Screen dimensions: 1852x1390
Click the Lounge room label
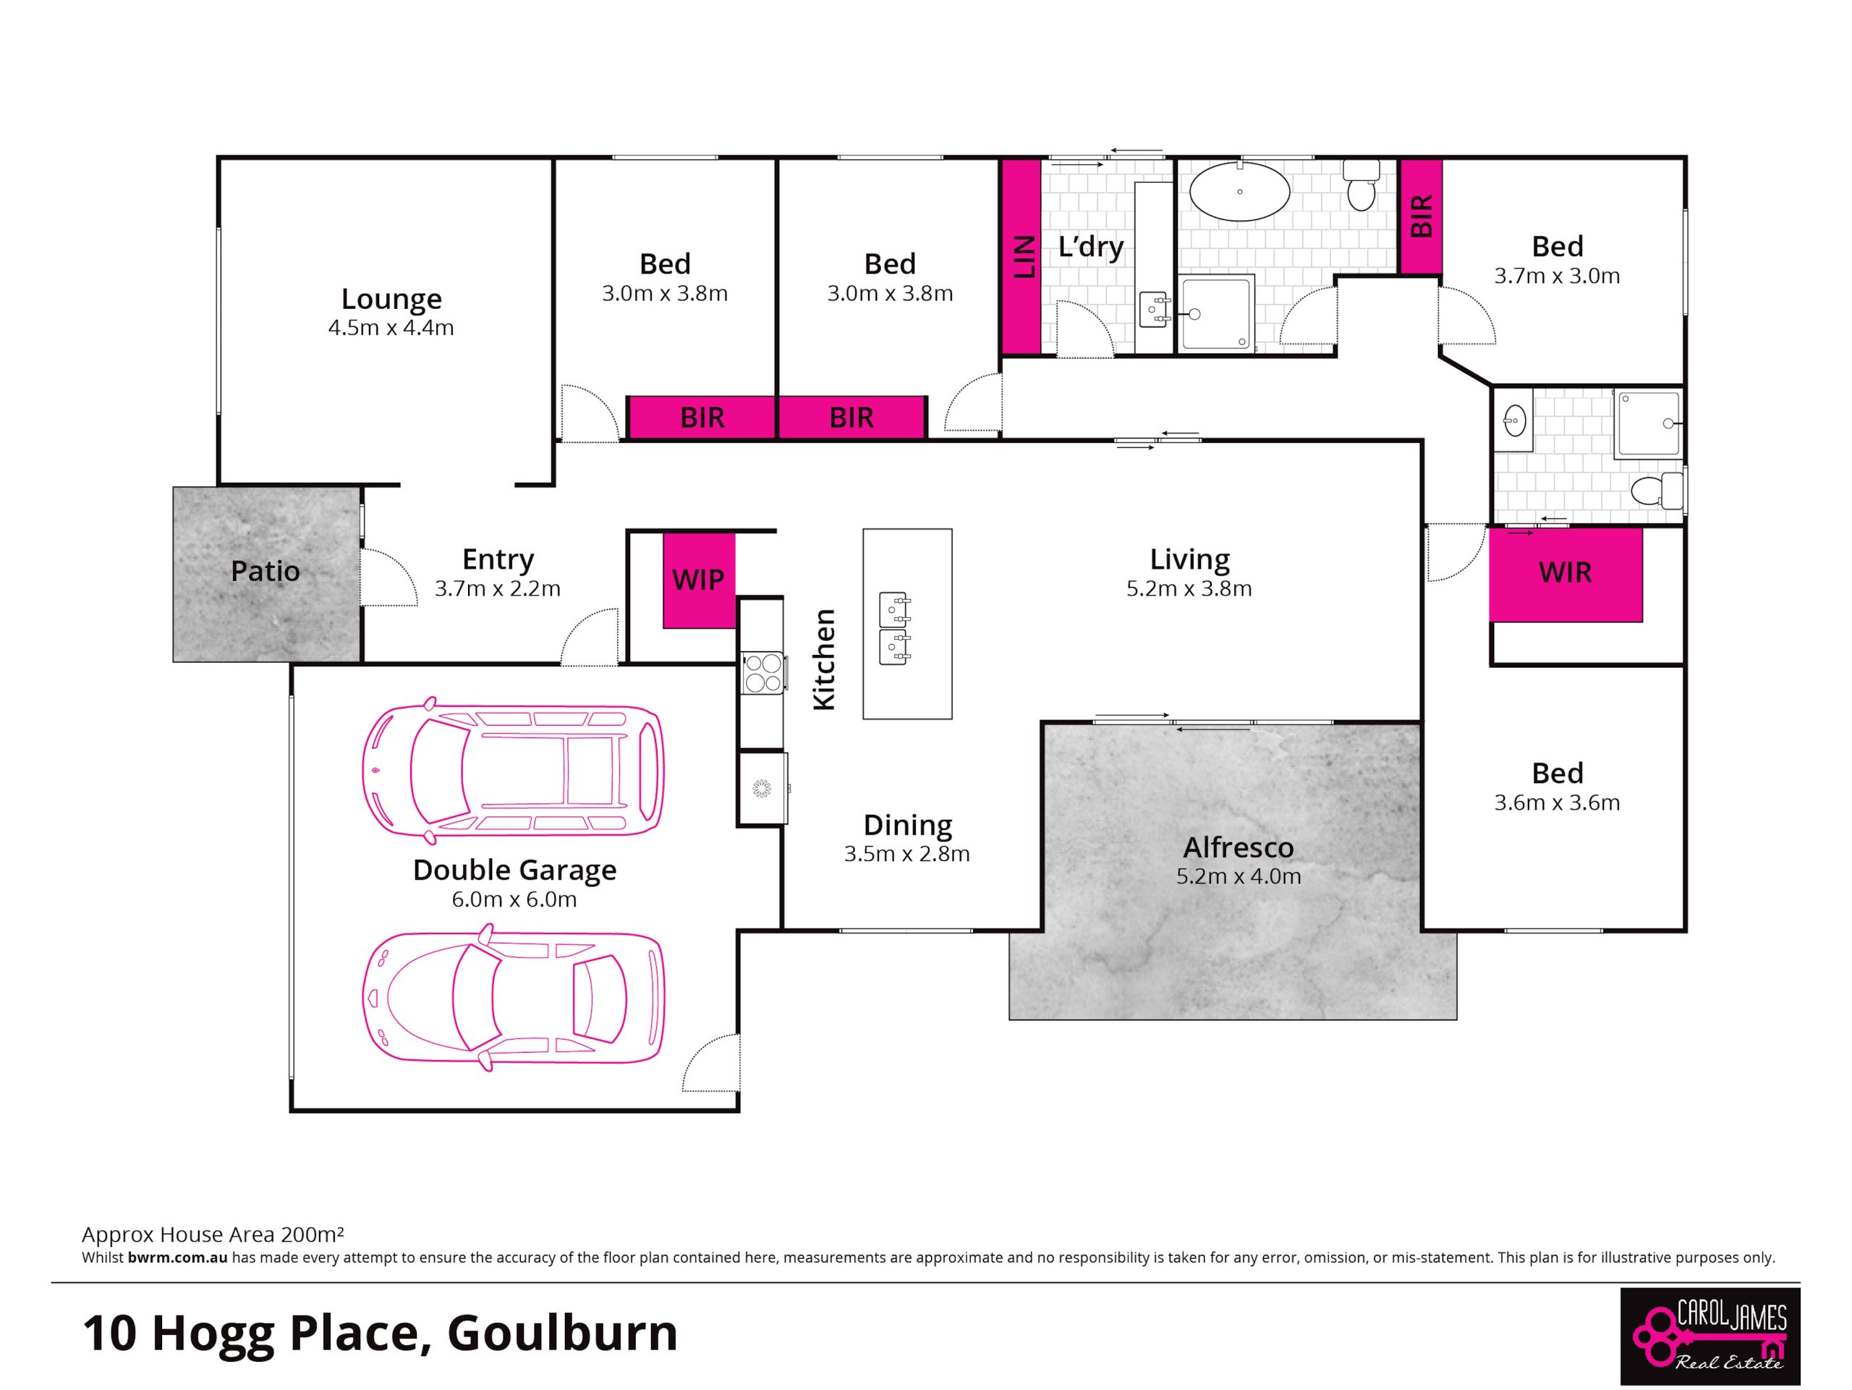[391, 299]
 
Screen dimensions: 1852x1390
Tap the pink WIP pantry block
[699, 580]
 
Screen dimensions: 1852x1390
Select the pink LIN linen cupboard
[1021, 256]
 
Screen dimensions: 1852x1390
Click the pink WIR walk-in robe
[1565, 575]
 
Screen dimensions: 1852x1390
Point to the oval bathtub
[1240, 192]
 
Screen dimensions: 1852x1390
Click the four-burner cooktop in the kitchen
[763, 673]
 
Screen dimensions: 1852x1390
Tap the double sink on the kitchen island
[894, 628]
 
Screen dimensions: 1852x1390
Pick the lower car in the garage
[513, 997]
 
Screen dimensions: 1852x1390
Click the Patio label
[266, 571]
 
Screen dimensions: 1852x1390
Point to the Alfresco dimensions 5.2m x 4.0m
[1239, 877]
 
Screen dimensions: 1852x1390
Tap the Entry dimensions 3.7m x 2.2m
[497, 589]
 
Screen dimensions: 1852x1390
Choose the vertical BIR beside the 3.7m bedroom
[1422, 216]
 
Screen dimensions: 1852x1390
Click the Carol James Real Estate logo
[1710, 1336]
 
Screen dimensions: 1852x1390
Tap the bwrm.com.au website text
[177, 1257]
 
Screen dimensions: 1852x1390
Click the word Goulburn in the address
[563, 1333]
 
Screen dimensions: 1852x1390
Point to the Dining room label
[908, 825]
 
